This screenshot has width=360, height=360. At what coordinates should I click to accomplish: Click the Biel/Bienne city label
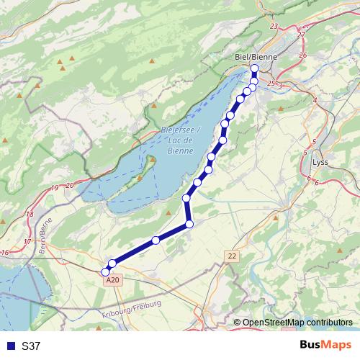[x=251, y=57]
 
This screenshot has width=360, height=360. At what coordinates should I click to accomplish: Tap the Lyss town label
[x=320, y=162]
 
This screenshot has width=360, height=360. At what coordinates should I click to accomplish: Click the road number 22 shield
[x=232, y=256]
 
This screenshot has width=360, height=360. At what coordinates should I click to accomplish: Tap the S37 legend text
[x=31, y=346]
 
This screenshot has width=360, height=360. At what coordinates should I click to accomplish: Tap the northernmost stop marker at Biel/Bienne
[x=254, y=68]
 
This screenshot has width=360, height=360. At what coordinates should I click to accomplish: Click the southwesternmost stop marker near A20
[x=105, y=272]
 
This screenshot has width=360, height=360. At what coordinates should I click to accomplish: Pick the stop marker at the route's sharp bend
[x=189, y=225]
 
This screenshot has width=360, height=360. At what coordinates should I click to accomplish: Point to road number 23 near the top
[x=273, y=26]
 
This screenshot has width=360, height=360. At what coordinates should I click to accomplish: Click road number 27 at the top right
[x=301, y=35]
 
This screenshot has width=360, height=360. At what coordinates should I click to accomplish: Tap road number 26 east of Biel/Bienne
[x=302, y=55]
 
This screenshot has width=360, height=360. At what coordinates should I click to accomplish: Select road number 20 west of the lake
[x=69, y=185]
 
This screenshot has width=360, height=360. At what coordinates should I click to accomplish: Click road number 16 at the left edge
[x=5, y=252]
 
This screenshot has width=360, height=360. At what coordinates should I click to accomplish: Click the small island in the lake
[x=152, y=159]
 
